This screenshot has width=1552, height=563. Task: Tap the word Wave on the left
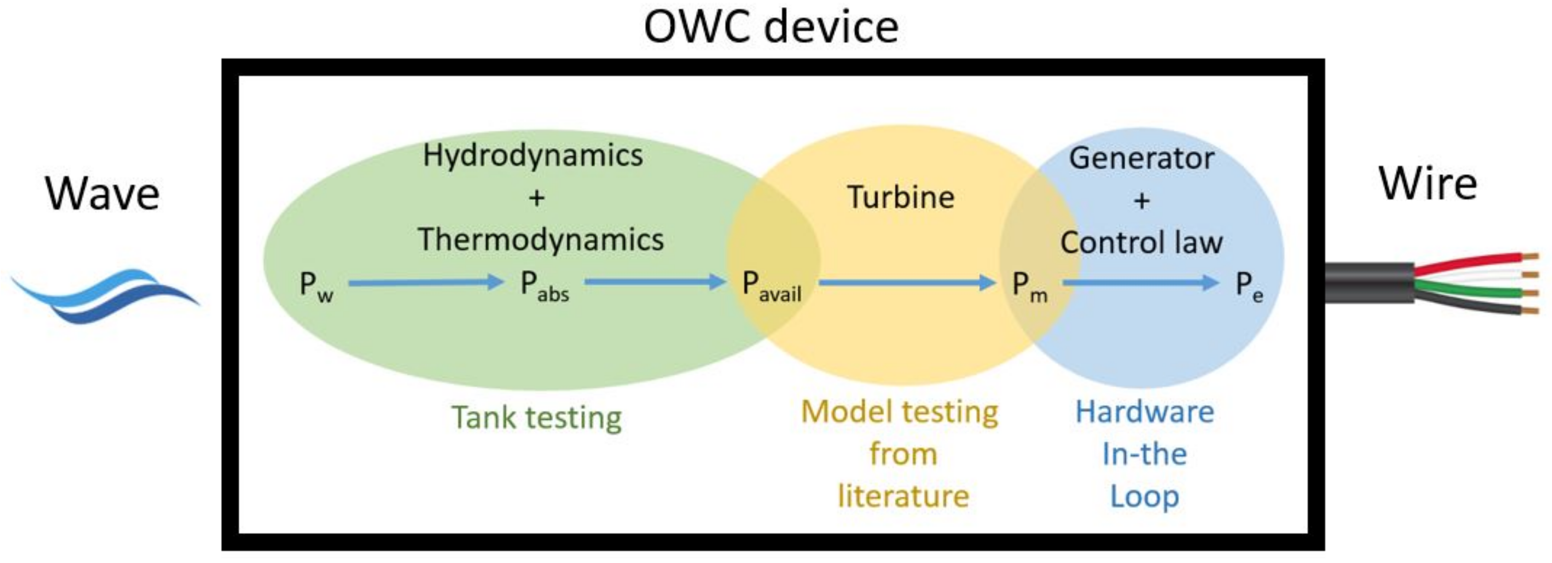[x=102, y=194]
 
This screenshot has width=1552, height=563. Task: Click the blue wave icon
[x=105, y=295]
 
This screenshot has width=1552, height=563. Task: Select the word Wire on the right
[x=1427, y=183]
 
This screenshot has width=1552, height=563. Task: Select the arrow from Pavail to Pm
[x=907, y=281]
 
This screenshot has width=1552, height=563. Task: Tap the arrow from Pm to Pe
[x=1140, y=281]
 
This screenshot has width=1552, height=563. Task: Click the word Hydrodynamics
[x=532, y=155]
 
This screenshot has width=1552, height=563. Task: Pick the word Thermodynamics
[x=541, y=240]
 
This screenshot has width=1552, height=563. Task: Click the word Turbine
[x=901, y=197]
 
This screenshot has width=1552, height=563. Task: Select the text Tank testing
[x=536, y=417]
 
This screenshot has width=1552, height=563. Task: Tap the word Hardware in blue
[x=1145, y=412]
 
